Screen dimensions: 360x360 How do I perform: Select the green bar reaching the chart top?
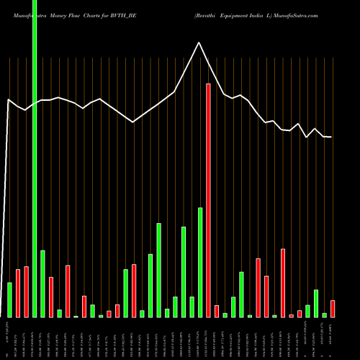tap(35, 158)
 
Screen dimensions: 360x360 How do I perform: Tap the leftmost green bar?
tap(9, 300)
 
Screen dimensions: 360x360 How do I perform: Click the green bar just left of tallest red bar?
tap(200, 262)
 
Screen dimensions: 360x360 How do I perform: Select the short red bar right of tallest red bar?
tap(217, 311)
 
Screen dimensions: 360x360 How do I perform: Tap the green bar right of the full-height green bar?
tap(42, 283)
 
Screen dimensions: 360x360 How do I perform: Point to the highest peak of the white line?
tap(199, 42)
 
